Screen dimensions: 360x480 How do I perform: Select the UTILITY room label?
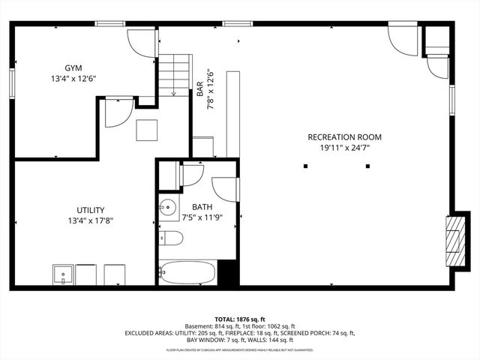click(x=90, y=210)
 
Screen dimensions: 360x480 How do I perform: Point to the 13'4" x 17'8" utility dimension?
click(x=90, y=220)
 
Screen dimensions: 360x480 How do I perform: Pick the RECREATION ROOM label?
click(x=344, y=137)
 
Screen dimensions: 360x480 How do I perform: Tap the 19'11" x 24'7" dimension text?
click(x=344, y=148)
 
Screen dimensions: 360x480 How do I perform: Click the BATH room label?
click(x=202, y=207)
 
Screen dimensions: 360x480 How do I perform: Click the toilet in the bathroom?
click(x=171, y=239)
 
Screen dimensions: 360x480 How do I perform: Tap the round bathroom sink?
click(x=166, y=207)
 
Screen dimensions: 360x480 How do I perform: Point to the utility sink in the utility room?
click(x=63, y=275)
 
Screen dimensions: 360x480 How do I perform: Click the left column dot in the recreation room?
click(x=305, y=166)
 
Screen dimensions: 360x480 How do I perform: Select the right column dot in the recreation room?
click(x=367, y=166)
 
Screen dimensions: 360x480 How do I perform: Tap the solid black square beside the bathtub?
click(x=228, y=273)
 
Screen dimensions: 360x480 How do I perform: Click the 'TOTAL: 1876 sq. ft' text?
click(x=240, y=319)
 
